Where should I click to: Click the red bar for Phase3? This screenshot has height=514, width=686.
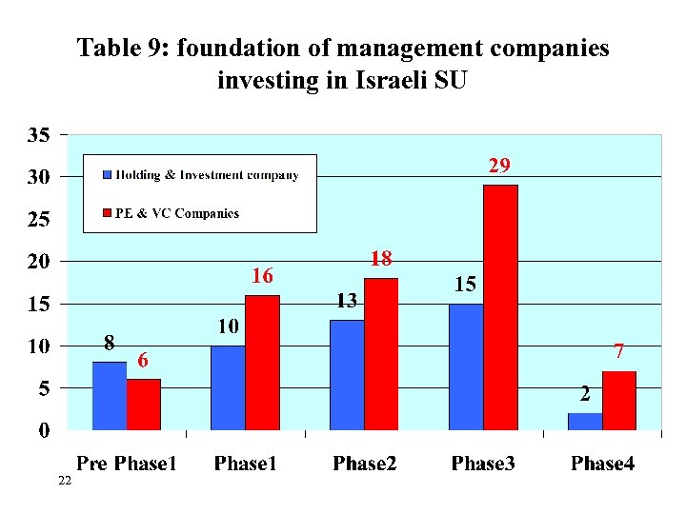pos(500,306)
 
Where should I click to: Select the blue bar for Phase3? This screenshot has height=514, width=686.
pos(466,366)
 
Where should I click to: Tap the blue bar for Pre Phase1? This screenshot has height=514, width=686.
pos(110,396)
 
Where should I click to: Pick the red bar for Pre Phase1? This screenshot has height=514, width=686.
pos(144,405)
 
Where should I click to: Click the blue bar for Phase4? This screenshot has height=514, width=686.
pos(585,421)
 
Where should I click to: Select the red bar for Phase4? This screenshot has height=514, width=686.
pos(619,400)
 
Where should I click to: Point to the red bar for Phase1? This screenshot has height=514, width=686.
pos(262,362)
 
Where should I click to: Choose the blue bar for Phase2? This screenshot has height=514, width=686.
pos(347,375)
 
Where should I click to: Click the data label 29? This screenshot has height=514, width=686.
pos(499,166)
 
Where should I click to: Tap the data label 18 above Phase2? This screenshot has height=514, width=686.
pos(381,259)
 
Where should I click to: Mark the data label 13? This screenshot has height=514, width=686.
pos(346,302)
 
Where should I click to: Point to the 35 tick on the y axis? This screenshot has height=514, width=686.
pos(38,134)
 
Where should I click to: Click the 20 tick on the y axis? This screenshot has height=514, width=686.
pos(38,261)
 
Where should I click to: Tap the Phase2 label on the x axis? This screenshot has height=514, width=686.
pos(365,464)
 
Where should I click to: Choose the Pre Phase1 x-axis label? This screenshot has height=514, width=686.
pos(127,464)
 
